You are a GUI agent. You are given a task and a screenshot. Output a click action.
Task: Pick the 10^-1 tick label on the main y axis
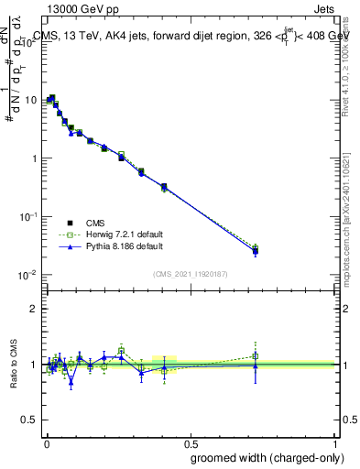point(29,216)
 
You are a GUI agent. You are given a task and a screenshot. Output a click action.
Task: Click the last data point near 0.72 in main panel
point(256,251)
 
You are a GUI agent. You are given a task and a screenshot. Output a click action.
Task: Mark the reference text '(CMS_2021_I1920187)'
point(190,273)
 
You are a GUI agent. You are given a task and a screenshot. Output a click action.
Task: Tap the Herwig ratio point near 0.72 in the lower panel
point(256,356)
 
